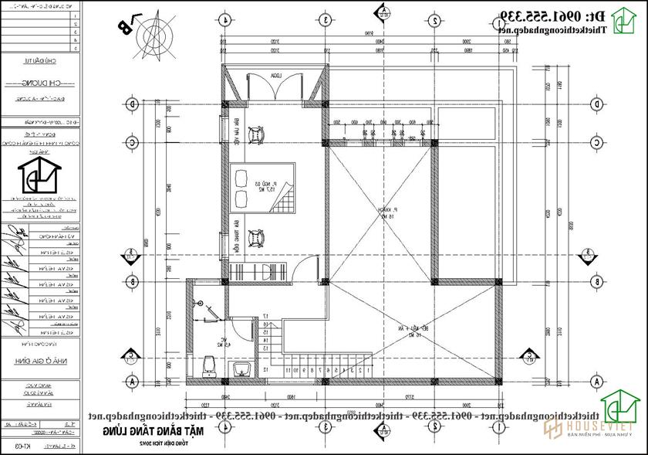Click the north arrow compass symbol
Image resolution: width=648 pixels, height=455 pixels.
(x=152, y=32)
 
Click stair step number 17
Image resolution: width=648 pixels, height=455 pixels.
(x=265, y=317)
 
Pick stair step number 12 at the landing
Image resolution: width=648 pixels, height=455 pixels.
(x=265, y=370)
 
